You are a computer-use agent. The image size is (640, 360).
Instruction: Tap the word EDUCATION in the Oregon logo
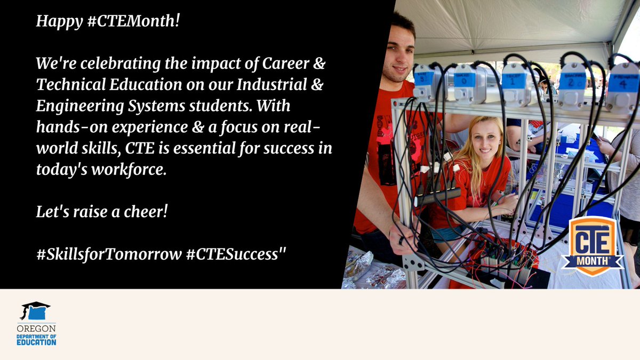click(x=36, y=342)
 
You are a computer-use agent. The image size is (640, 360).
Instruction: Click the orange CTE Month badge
click(x=592, y=245)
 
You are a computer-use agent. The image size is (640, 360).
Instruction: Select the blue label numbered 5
click(x=423, y=76)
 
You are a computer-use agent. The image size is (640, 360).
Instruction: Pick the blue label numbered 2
click(x=572, y=81)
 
